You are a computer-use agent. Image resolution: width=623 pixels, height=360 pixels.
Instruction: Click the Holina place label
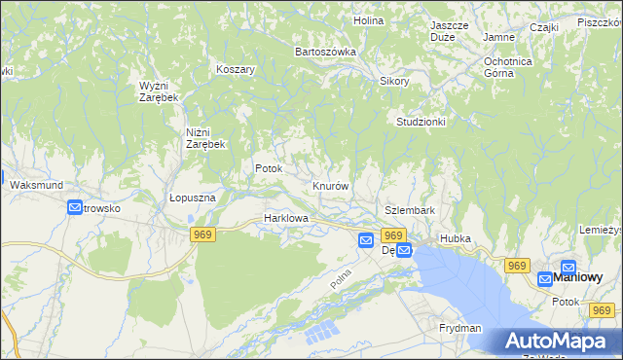pyautogui.click(x=368, y=19)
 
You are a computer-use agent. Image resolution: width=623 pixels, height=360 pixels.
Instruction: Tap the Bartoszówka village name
pyautogui.click(x=325, y=51)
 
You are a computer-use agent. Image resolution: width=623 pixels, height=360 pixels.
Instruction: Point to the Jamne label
pyautogui.click(x=498, y=37)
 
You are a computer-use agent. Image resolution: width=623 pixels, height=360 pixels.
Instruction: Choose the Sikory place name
pyautogui.click(x=394, y=81)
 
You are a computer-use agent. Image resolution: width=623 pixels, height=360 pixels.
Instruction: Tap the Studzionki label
pyautogui.click(x=421, y=122)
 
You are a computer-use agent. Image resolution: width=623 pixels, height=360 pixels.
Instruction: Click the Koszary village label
pyautogui.click(x=236, y=70)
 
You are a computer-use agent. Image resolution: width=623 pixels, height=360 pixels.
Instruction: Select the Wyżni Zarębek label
pyautogui.click(x=158, y=91)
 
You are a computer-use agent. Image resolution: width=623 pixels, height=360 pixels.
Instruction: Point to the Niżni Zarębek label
pyautogui.click(x=205, y=137)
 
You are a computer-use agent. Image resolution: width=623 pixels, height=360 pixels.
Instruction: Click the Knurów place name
pyautogui.click(x=331, y=185)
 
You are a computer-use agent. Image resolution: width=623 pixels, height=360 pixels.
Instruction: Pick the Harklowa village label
pyautogui.click(x=286, y=219)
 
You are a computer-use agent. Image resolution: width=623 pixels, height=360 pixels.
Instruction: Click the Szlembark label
pyautogui.click(x=409, y=210)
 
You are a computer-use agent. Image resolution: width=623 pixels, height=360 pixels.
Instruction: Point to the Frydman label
pyautogui.click(x=460, y=329)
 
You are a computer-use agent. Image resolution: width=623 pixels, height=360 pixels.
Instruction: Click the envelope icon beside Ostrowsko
pyautogui.click(x=75, y=207)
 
